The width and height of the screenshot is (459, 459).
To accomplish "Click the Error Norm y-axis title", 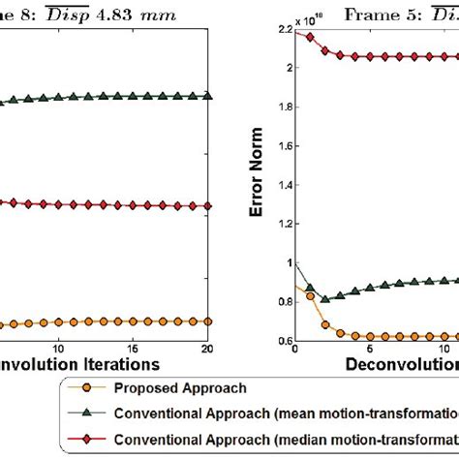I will tap(259, 185).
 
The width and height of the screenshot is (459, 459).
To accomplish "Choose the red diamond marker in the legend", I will tap(86, 439).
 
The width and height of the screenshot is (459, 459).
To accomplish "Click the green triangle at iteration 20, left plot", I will tap(209, 96).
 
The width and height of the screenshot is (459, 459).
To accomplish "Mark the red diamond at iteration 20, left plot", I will tap(209, 206).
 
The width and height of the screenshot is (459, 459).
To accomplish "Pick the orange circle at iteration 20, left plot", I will tap(209, 321).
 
